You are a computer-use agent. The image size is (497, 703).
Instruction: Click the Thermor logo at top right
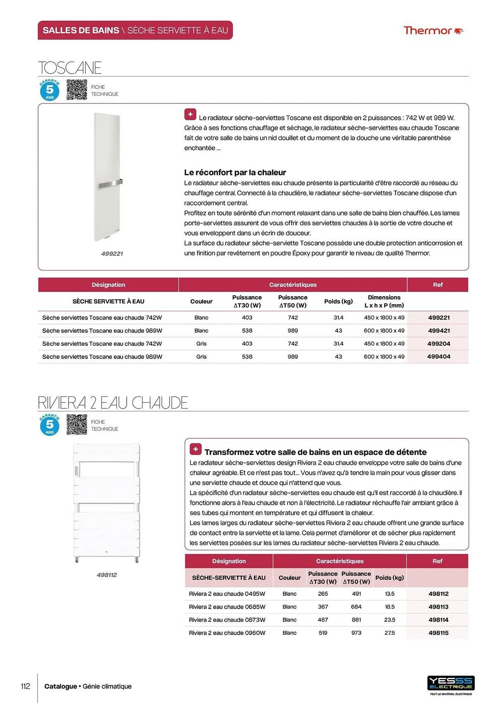(433, 31)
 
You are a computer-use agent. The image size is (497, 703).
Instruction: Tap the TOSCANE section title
(70, 67)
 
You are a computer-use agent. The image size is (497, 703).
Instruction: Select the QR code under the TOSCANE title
(77, 90)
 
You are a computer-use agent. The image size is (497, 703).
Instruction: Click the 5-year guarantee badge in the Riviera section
(50, 425)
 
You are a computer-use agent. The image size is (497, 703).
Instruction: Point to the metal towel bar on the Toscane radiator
(110, 184)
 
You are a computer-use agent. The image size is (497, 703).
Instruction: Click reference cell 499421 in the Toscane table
(439, 330)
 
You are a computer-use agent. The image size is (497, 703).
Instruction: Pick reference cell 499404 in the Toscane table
(439, 356)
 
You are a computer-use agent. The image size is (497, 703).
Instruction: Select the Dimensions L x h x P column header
(384, 301)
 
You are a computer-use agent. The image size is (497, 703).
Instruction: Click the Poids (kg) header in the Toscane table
(338, 301)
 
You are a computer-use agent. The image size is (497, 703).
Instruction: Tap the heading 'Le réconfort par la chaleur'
(235, 173)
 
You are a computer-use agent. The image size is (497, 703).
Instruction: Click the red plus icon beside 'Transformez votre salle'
(195, 449)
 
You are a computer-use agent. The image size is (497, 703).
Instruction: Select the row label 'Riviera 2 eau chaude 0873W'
(227, 620)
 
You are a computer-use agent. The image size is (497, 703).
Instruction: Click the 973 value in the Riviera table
(356, 633)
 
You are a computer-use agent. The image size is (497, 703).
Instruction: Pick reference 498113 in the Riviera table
(438, 607)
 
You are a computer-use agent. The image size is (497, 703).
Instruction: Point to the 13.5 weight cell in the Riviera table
(389, 594)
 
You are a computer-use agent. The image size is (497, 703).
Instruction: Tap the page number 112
(25, 686)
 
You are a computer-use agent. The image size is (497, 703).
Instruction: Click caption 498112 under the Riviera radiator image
(106, 575)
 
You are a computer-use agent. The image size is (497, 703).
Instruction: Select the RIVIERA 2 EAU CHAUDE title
(112, 402)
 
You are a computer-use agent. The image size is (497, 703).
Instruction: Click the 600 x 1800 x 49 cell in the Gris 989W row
(384, 356)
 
